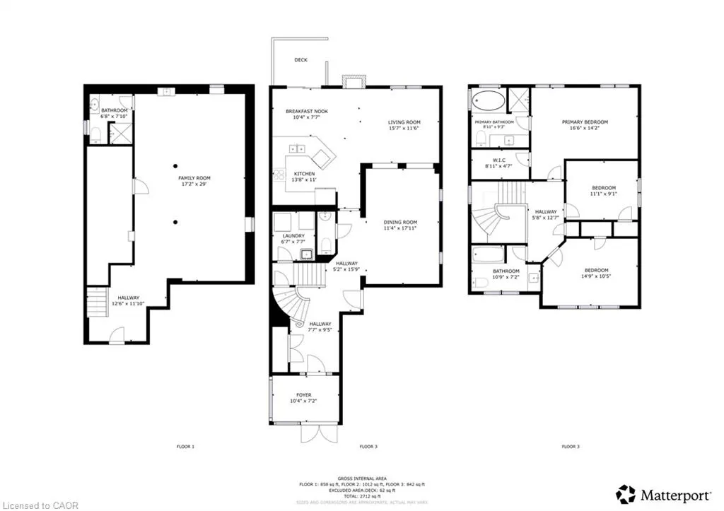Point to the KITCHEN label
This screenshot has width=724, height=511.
click(305, 173)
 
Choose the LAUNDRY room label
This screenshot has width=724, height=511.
click(293, 235)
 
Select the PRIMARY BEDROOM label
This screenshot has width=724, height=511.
click(585, 122)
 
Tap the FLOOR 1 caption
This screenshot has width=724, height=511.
click(185, 447)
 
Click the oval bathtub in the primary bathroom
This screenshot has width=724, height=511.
click(487, 100)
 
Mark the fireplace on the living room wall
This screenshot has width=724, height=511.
click(351, 81)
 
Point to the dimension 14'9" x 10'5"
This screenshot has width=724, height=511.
click(595, 276)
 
